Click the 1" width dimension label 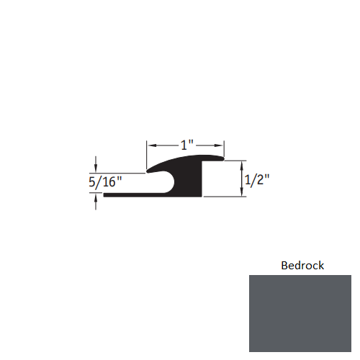[x=186, y=145]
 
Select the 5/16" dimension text [x=105, y=181]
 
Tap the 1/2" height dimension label [x=257, y=179]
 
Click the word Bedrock [x=302, y=266]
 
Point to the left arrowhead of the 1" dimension [x=150, y=145]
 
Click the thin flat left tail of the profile [x=126, y=194]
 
